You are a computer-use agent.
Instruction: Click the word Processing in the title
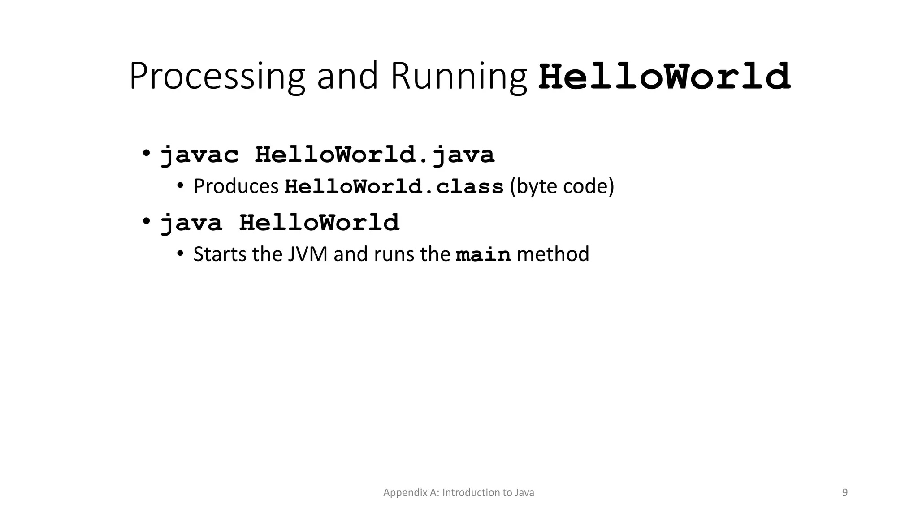click(217, 77)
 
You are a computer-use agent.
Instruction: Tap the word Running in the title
click(458, 77)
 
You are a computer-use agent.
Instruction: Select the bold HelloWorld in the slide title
click(664, 77)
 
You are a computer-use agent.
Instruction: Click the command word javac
click(200, 155)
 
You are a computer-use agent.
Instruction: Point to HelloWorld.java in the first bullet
click(375, 155)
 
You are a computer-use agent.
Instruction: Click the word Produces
click(236, 186)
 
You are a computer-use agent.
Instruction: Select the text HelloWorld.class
click(394, 187)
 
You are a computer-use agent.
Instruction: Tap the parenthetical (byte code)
click(562, 186)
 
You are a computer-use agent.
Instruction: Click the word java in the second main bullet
click(191, 223)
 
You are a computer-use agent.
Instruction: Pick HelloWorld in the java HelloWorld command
click(319, 223)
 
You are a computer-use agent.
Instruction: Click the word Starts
click(220, 254)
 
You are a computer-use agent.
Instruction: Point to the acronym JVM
click(307, 254)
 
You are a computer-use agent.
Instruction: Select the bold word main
click(483, 255)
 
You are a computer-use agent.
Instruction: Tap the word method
click(553, 254)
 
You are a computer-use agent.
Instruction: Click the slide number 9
click(845, 493)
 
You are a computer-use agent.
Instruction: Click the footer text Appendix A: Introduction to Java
click(459, 493)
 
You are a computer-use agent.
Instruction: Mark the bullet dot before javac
click(146, 153)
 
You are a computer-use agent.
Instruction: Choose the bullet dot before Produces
click(180, 186)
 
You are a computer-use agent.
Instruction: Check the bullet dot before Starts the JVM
click(180, 254)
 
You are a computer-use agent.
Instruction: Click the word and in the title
click(347, 77)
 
